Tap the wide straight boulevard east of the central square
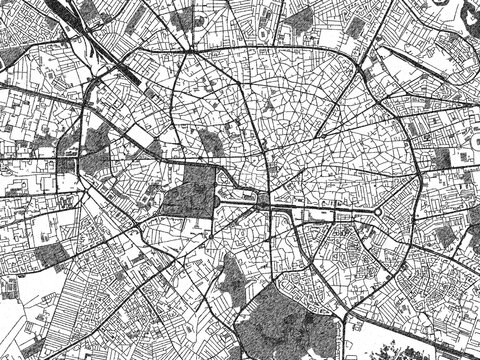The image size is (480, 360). (x=320, y=210)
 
